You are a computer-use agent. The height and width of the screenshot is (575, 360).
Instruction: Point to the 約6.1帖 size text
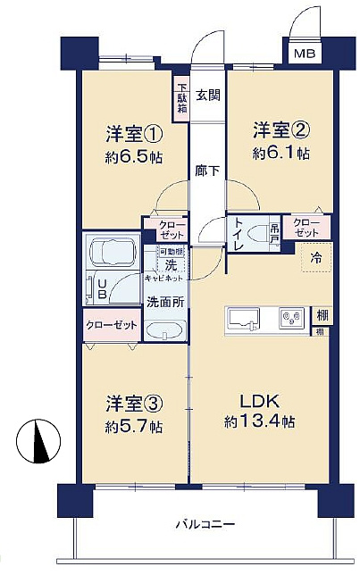pyautogui.click(x=281, y=153)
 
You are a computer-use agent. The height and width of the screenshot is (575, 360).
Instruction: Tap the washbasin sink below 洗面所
pyautogui.click(x=164, y=331)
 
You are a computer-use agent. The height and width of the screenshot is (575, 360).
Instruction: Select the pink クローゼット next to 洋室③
pyautogui.click(x=112, y=325)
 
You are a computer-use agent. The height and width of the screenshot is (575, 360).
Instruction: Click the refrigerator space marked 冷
pyautogui.click(x=315, y=257)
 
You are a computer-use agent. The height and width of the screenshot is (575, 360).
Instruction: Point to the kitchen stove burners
pyautogui.click(x=290, y=316)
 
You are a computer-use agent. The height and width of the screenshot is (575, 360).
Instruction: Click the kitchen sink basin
pyautogui.click(x=244, y=317)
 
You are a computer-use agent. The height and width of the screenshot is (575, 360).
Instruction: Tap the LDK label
pyautogui.click(x=252, y=400)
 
